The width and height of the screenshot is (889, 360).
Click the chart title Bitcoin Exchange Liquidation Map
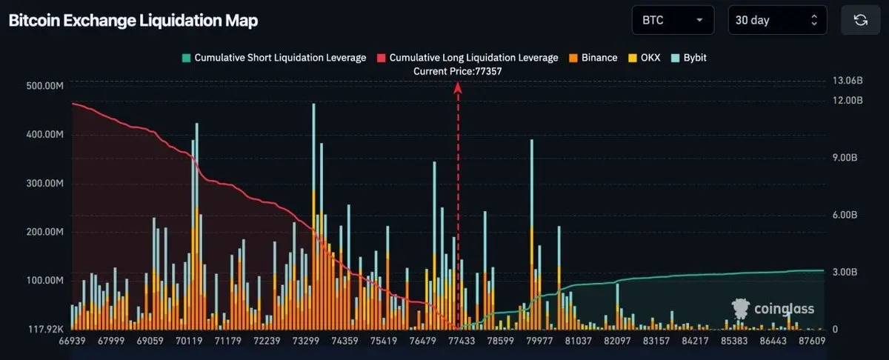(133, 21)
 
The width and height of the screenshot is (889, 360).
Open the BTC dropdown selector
(673, 20)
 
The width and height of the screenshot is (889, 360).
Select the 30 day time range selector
(777, 20)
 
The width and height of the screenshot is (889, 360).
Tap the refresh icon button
(860, 20)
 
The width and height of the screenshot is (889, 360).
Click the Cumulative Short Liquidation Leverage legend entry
(274, 58)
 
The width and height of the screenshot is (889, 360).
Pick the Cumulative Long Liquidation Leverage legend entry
(467, 58)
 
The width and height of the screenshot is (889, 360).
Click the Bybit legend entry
(690, 58)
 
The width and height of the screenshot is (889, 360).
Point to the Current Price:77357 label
(457, 71)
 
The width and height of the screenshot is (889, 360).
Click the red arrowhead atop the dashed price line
(458, 87)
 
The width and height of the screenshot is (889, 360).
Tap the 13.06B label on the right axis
(848, 81)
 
